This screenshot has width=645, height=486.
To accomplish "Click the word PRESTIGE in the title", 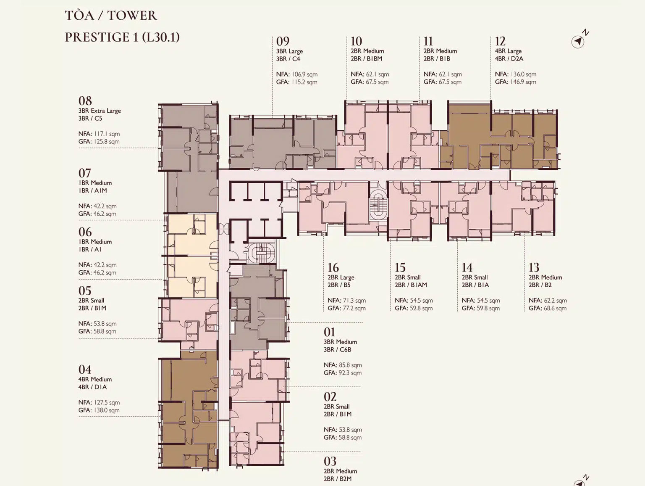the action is (x=101, y=37).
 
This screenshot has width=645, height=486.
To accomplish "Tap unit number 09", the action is (x=283, y=41).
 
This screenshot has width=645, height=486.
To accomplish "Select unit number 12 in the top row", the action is (x=500, y=41).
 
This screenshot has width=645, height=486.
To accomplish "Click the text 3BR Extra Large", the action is (x=100, y=111).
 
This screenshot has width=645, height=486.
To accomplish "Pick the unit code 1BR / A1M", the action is (x=92, y=190).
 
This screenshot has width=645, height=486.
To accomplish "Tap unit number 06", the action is (x=85, y=232).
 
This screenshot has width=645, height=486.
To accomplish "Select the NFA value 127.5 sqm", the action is (x=107, y=402).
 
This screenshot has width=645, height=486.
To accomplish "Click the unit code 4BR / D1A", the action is (x=92, y=387).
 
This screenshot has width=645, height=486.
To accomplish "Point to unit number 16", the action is (x=333, y=268).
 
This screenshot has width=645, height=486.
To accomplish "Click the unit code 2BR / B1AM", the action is (x=411, y=285).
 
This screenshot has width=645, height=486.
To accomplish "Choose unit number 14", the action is (x=467, y=268).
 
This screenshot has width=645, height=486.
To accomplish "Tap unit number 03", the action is (x=330, y=461).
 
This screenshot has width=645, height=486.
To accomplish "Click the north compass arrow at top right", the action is (x=578, y=42).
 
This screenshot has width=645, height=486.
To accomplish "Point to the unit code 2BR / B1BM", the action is (x=367, y=58).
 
